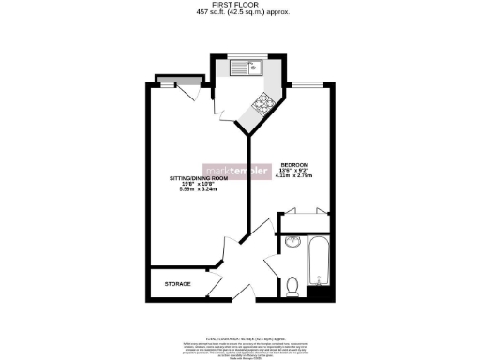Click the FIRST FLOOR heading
click(239, 5)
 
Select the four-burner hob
click(263, 105)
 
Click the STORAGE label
click(178, 284)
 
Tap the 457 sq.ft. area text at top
click(239, 13)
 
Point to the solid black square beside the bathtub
click(321, 293)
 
